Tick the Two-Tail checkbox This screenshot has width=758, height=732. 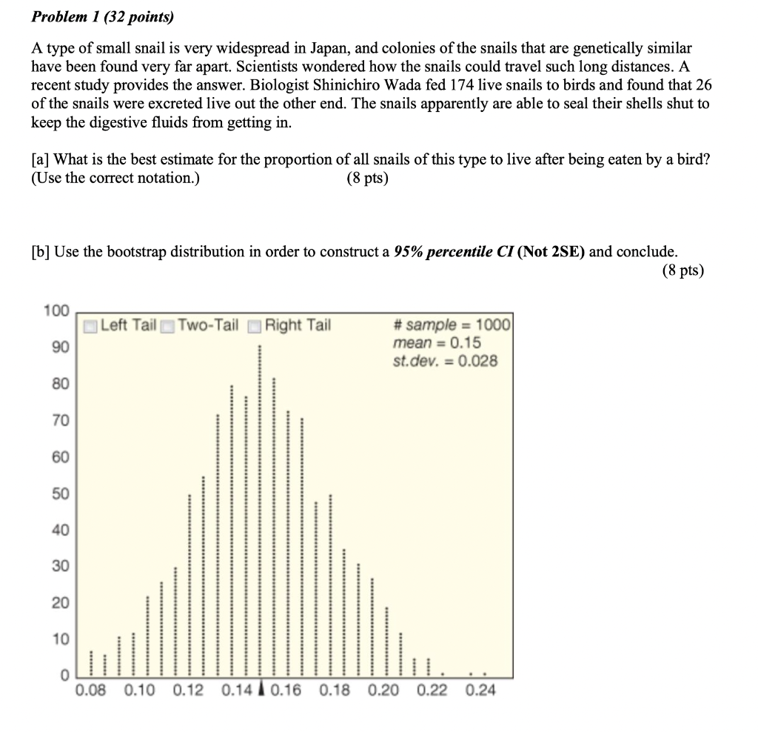tap(168, 326)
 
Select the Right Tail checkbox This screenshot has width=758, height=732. tap(255, 326)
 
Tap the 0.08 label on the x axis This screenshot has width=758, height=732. tap(90, 691)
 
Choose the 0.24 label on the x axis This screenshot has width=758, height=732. tap(481, 691)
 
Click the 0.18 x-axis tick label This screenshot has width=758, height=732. tap(335, 691)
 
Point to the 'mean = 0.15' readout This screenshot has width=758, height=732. tap(437, 343)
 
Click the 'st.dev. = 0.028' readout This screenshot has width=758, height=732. tap(446, 362)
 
